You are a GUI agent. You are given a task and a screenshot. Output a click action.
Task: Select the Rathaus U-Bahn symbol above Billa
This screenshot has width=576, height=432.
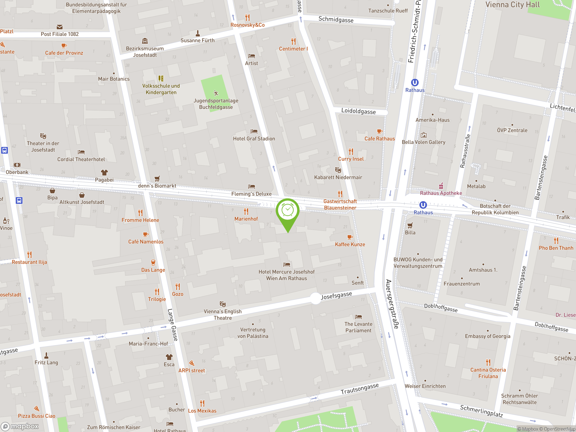[423, 205]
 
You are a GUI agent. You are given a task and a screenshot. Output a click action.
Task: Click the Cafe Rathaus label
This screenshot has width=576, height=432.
[379, 139]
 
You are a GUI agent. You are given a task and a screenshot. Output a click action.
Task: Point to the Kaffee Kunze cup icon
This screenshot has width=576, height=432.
[350, 237]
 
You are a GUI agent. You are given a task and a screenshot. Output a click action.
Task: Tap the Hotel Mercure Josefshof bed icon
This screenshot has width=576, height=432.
[286, 265]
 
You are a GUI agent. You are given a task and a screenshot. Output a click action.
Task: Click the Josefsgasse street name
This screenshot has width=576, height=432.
[336, 296]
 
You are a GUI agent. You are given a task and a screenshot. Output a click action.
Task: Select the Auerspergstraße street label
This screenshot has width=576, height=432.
[392, 304]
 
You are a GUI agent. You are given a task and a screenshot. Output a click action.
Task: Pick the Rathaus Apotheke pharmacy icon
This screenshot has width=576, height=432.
[441, 186]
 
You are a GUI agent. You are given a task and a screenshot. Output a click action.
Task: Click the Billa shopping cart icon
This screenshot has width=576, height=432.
[410, 225]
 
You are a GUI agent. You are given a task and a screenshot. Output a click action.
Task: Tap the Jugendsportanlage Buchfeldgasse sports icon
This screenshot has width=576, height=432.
[216, 93]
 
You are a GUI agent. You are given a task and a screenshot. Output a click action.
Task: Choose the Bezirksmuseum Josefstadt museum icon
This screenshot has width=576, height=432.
[145, 41]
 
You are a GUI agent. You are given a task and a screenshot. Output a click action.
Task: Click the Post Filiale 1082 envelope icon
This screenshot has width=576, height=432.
[59, 27]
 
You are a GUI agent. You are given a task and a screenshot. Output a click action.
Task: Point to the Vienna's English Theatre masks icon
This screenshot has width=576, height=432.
[223, 304]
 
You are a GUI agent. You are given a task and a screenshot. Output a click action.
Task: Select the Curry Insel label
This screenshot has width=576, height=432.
[351, 159]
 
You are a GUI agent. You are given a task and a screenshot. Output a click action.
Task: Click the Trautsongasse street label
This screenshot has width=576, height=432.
[360, 389]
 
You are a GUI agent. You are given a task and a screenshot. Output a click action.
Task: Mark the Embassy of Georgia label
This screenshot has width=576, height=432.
[488, 336]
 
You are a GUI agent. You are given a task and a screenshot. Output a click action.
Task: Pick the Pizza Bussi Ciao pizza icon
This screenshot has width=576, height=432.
[36, 408]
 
